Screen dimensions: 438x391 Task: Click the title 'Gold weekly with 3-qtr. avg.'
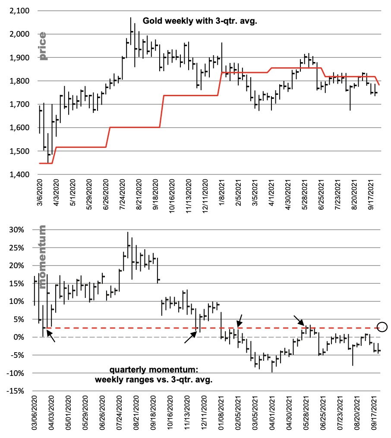point(200,20)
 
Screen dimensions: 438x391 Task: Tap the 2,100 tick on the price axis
point(18,11)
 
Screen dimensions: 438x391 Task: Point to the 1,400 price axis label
point(18,175)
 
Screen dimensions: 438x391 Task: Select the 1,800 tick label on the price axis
point(18,81)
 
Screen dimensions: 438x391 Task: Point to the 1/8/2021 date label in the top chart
point(221,197)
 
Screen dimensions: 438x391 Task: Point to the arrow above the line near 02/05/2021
point(240,320)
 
